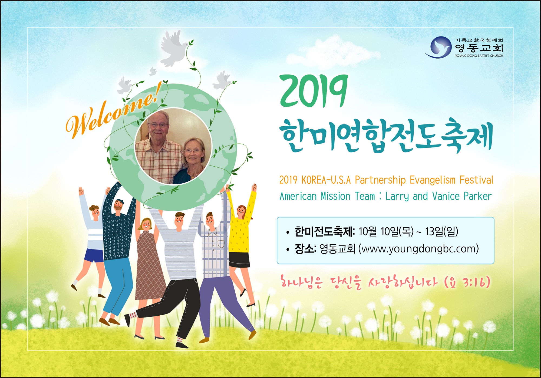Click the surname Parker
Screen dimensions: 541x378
478,196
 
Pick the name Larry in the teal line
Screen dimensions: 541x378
397,197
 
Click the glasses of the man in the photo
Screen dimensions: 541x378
158,125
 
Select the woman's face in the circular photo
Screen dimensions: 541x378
193,151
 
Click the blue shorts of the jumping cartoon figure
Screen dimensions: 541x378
94,255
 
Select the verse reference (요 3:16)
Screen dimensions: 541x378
467,282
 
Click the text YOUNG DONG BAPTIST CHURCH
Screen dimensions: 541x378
479,56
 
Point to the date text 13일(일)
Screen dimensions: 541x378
441,231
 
